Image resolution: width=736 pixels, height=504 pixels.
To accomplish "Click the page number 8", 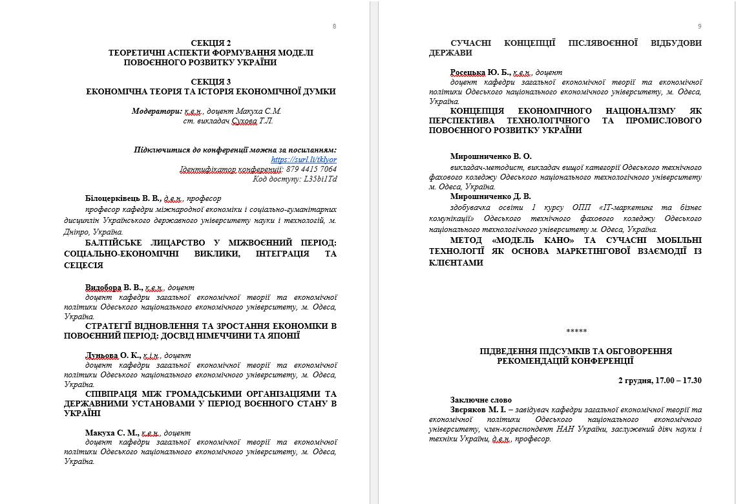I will (x=334, y=26).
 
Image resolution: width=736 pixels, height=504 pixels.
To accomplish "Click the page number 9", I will (x=699, y=26).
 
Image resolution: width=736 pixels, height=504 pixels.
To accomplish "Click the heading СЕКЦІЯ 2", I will (x=211, y=43).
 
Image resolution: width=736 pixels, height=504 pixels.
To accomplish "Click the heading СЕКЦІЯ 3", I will (x=211, y=81).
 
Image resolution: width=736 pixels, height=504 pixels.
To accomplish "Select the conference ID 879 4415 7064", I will (x=311, y=169).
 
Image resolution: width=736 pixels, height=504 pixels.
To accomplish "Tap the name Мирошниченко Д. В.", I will (x=490, y=196).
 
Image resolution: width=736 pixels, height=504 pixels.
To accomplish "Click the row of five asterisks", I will (x=576, y=331).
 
